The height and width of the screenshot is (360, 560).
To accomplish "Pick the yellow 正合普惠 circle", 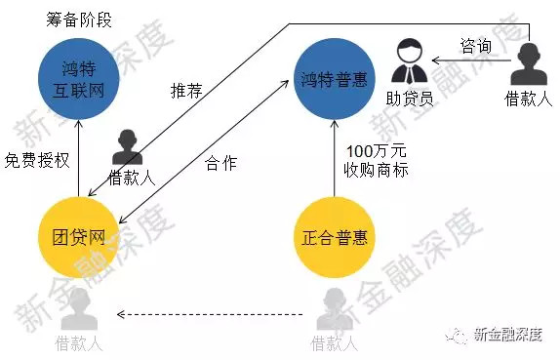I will [335, 235].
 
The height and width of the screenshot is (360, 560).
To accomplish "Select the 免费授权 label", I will [37, 160].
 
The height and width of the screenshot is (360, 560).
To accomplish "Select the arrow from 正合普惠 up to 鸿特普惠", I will [335, 156].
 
